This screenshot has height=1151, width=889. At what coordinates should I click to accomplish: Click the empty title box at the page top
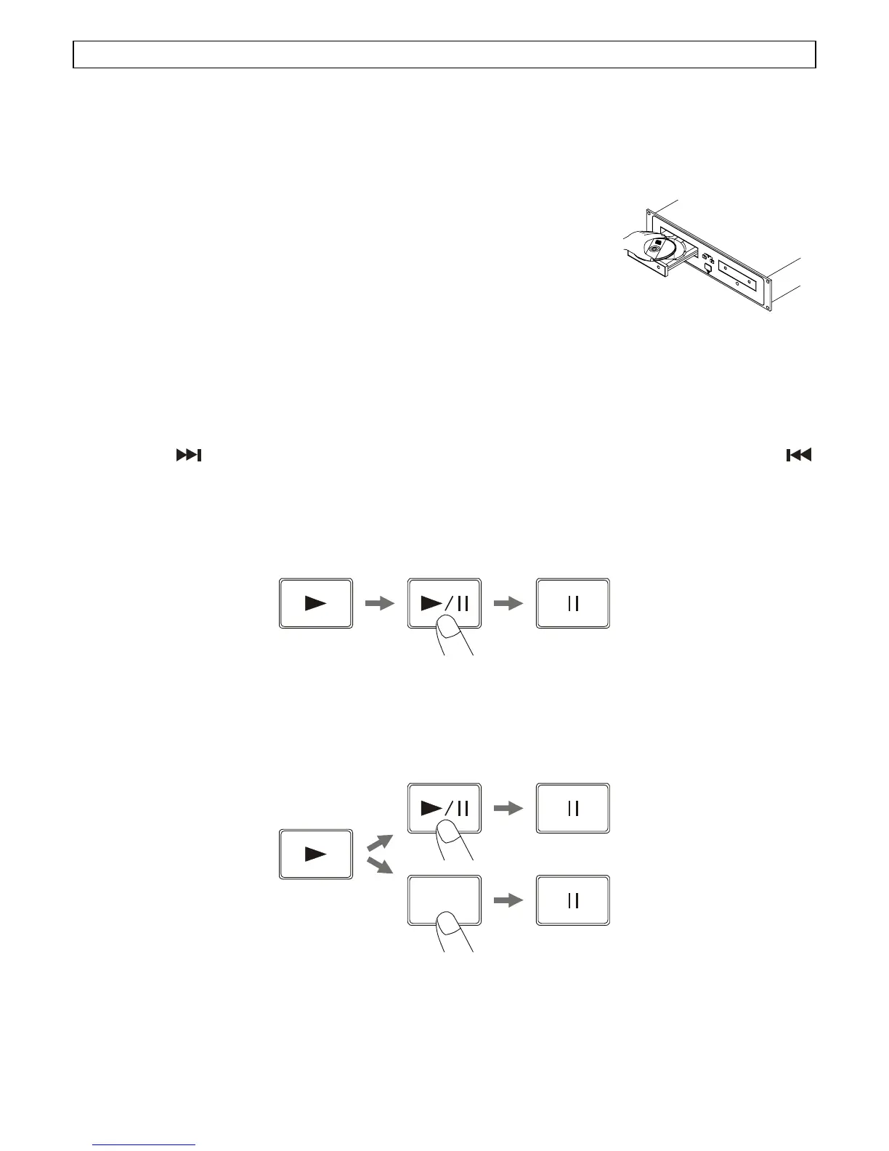point(444,54)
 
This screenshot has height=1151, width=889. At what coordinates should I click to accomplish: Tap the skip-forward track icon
point(188,456)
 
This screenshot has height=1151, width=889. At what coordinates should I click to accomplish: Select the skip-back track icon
point(799,456)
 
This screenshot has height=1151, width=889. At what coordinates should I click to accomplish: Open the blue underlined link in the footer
point(145,1145)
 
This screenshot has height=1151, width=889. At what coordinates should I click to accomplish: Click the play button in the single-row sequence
point(316,603)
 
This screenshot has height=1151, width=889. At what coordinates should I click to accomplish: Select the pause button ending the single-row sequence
point(573,603)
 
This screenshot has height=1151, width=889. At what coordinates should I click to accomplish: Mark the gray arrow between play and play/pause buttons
point(380,603)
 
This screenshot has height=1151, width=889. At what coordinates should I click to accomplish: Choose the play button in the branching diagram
point(316,854)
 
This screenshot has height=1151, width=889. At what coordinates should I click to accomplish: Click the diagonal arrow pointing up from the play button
point(380,843)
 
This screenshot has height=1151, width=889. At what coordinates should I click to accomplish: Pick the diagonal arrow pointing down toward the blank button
point(380,865)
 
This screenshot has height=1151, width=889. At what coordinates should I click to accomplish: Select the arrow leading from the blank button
point(508,900)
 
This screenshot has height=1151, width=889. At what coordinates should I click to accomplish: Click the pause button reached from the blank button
point(573,900)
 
